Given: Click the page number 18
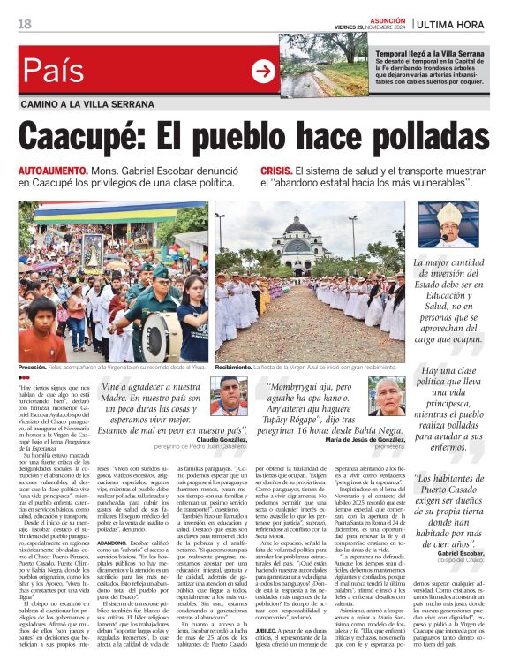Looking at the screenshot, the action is click(24, 24).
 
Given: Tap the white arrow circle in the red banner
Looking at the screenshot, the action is click(263, 72).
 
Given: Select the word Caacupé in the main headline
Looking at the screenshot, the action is click(79, 138).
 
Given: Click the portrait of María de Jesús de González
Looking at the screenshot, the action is click(386, 395).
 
